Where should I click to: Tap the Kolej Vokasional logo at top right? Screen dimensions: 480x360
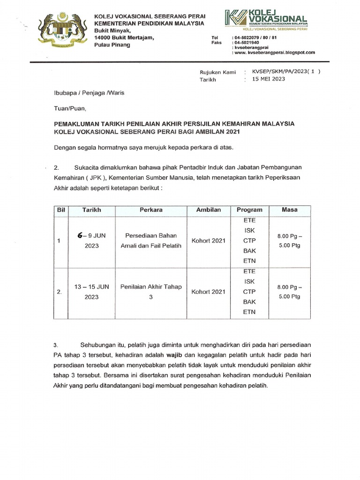coord(265,18)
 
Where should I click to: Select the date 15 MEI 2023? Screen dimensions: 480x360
coord(269,79)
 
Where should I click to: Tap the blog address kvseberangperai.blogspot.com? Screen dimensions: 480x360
coord(277,52)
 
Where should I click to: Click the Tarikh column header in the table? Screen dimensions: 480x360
coord(92,210)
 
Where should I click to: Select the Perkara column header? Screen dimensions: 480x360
coord(151,210)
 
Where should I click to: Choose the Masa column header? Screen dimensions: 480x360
coord(289,210)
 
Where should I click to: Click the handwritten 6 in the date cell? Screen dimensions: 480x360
coord(80,236)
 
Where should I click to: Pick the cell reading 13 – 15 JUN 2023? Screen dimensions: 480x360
coord(92,292)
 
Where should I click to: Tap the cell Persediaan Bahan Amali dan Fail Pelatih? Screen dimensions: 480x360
coord(151,241)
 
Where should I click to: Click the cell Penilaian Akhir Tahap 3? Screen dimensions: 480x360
coord(151,292)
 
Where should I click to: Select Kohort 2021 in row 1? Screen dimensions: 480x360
coord(209,241)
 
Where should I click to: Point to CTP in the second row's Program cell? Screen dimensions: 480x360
coord(249,292)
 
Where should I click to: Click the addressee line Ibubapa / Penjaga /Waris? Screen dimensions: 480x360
coord(89,93)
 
